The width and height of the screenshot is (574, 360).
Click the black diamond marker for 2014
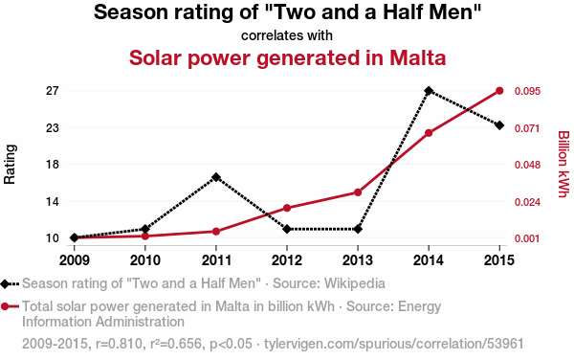coord(429,90)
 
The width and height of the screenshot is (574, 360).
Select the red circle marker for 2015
coord(499,91)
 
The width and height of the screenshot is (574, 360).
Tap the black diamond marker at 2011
coord(216,177)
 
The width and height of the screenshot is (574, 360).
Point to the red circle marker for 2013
coord(358,192)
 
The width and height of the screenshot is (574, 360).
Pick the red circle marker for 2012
coord(287,208)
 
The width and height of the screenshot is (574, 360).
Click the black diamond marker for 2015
coord(499,125)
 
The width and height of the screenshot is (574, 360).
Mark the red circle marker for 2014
coord(429,133)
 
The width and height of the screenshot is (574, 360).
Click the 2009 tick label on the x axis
coord(75,260)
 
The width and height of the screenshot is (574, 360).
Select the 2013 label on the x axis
coord(358,260)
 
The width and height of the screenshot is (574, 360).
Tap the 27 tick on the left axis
coord(53,90)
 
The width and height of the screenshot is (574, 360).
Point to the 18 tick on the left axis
coord(53,164)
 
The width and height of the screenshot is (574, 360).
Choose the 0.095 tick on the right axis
coord(527,91)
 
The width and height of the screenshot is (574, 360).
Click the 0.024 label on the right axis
coord(527,202)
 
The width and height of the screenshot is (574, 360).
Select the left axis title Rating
coord(10,164)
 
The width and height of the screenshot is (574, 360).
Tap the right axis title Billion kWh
coord(563,164)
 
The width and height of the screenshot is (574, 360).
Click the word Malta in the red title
coord(418,57)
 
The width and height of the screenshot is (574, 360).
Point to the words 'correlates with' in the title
coord(287,35)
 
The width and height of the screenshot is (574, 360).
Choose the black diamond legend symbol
coord(5,283)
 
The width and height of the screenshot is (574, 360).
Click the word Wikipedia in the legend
coord(355,283)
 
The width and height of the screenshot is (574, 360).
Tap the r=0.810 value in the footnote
coord(119,344)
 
